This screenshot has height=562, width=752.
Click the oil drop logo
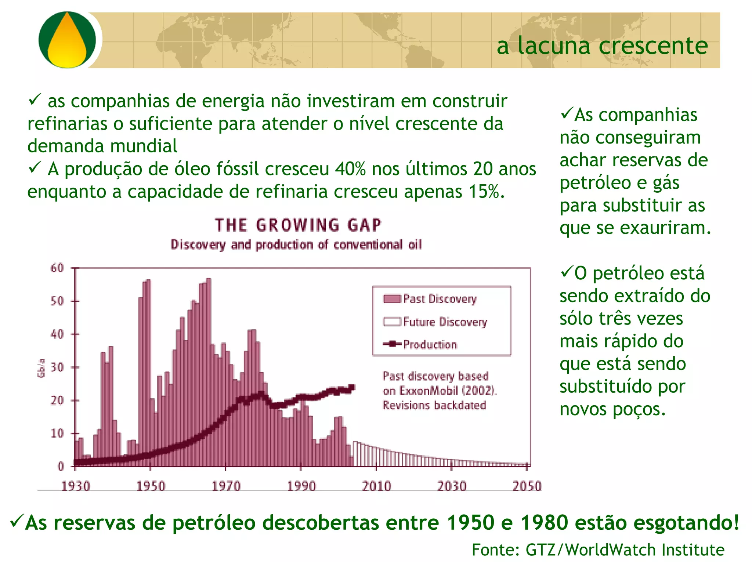tap(67, 40)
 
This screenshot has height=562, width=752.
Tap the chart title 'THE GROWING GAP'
tap(298, 225)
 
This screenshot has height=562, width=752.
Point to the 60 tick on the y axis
tap(57, 268)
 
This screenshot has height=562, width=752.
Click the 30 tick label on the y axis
tap(57, 367)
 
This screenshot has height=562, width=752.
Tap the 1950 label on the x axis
tap(151, 486)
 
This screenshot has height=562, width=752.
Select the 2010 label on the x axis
tap(376, 486)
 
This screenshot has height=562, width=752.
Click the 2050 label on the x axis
tap(527, 486)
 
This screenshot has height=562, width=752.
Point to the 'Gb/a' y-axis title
tap(41, 368)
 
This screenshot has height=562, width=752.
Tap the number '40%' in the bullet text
tap(350, 169)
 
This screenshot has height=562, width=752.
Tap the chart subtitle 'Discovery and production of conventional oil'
tap(296, 244)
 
